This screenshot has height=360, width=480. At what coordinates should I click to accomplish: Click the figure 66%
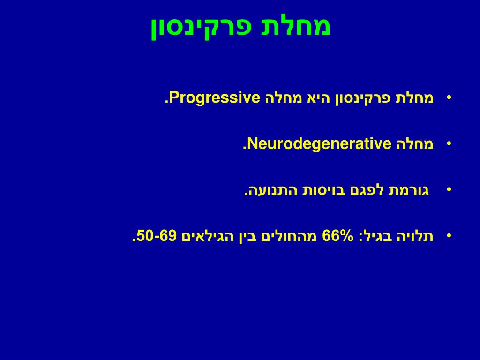coord(337,236)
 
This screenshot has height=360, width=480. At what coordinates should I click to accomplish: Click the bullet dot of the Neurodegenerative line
coord(449,143)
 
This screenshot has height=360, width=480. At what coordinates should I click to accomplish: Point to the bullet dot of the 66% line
coord(449,235)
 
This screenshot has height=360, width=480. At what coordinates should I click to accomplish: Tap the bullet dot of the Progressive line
coord(449,97)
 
